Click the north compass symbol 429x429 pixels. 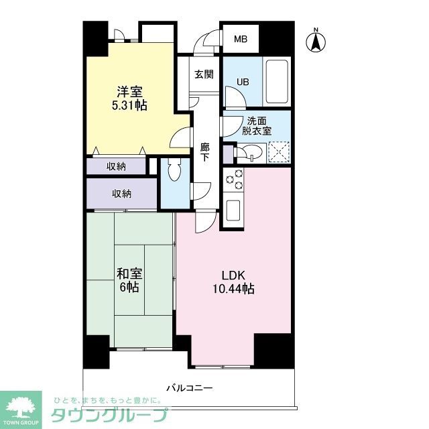[x=316, y=41]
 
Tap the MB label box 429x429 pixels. [x=241, y=40]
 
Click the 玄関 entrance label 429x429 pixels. [x=204, y=74]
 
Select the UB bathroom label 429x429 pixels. [x=242, y=82]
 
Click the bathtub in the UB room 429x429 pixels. [x=276, y=81]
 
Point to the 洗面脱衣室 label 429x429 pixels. [x=258, y=126]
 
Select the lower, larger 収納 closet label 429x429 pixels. [x=121, y=194]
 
